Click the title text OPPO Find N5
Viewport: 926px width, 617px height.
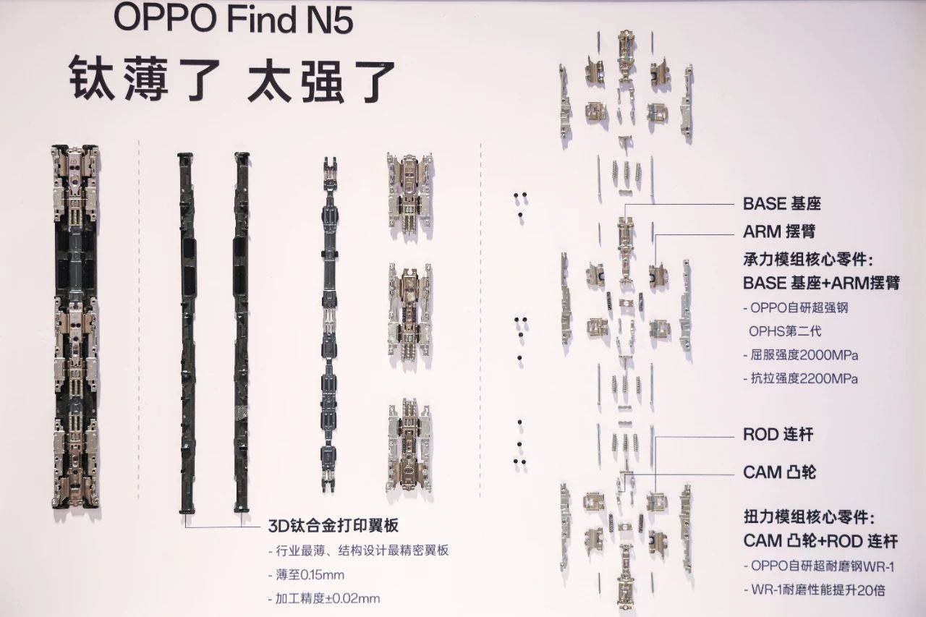pos(234,20)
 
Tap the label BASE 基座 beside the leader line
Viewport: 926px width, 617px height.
pos(782,204)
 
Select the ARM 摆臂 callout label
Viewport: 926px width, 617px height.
pos(779,231)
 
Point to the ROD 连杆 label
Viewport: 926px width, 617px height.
pos(778,434)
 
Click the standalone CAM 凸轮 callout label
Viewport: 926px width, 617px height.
pos(779,472)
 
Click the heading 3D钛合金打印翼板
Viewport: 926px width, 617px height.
pos(334,526)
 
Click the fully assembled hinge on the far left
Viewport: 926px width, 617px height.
pos(76,326)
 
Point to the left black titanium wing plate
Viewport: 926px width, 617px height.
pos(187,333)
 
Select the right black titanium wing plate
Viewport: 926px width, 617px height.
pos(242,332)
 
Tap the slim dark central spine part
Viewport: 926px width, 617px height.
pos(329,324)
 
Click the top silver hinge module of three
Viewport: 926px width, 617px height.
pos(409,196)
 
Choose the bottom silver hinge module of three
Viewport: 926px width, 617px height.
pos(409,448)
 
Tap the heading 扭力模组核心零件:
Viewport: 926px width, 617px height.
pos(809,517)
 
